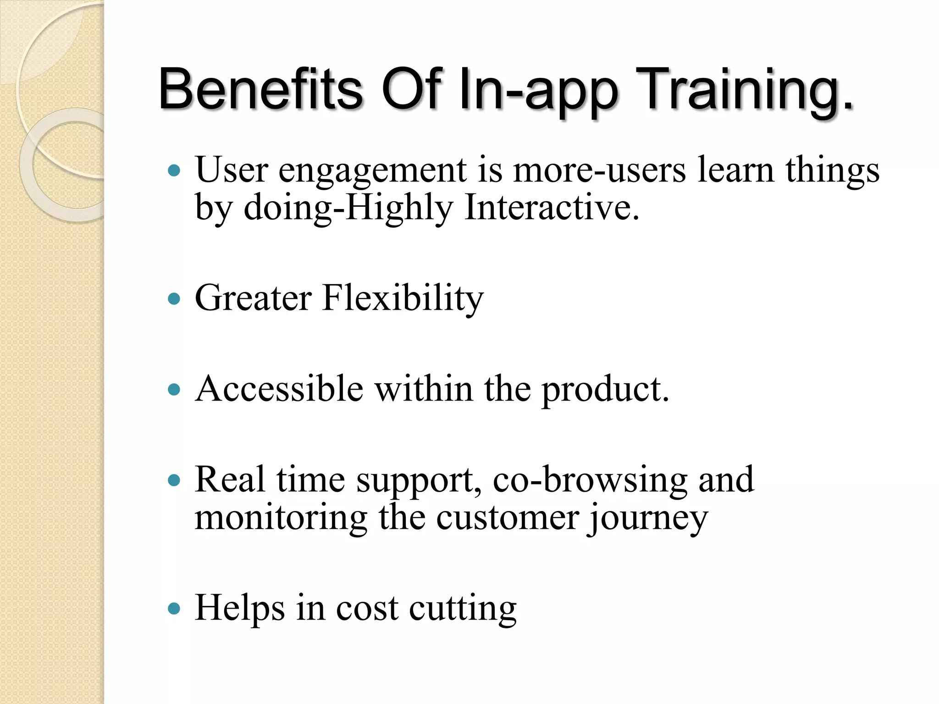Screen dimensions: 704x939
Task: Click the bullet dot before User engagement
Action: point(174,171)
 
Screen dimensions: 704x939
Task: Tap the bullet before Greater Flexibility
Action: point(174,299)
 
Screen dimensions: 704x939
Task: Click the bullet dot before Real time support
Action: point(174,481)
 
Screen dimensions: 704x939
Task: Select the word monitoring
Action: point(281,518)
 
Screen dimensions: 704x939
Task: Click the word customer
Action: point(507,518)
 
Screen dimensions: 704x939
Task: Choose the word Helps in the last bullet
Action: point(239,608)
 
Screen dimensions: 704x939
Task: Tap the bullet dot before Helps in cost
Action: point(174,609)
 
